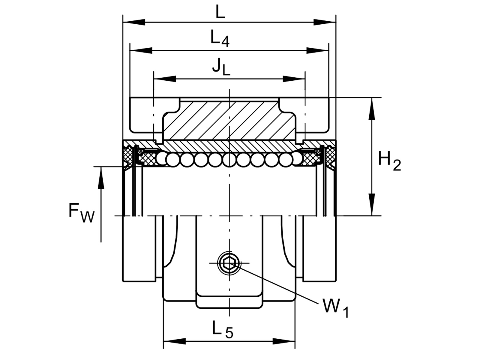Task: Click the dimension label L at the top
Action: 220,12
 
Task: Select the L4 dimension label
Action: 220,38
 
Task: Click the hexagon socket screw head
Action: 229,263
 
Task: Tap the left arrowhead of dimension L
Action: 134,22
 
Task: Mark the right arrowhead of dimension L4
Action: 317,50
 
